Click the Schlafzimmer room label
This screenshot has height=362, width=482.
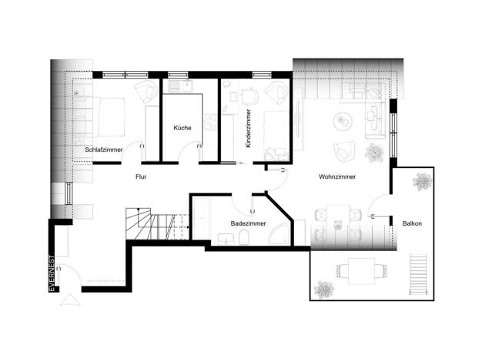coord(104,149)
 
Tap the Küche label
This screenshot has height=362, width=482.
coord(182,128)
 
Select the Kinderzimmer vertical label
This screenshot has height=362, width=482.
coord(248,129)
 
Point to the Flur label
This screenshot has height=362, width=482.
coord(141,177)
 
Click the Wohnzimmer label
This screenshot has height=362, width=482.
coord(337,177)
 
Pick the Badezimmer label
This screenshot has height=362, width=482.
coord(249,223)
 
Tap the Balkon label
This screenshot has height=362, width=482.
coord(412,223)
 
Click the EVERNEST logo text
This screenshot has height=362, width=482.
coord(52,273)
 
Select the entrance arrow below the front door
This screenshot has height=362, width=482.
coord(70,300)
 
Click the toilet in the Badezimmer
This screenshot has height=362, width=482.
coord(243,238)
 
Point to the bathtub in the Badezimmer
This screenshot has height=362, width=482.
coord(201,219)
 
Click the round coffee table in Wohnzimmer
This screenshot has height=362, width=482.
coord(343,121)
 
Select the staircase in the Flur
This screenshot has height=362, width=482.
coord(157,224)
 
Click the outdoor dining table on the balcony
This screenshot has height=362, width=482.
coord(362,271)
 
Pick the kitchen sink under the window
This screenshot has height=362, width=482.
coord(180,85)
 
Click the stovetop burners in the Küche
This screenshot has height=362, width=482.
coord(211,122)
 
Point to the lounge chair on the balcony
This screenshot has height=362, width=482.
coord(419,274)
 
